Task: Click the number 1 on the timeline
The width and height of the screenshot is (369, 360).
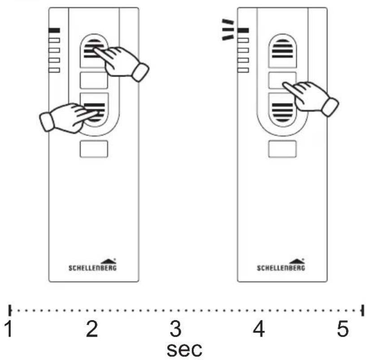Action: pyautogui.click(x=9, y=329)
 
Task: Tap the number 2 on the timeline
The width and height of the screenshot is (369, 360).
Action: pyautogui.click(x=92, y=329)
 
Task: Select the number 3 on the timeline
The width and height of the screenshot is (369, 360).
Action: pyautogui.click(x=176, y=329)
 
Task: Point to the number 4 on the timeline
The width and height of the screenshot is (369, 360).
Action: pyautogui.click(x=259, y=329)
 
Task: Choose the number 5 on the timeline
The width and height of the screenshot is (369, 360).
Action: pyautogui.click(x=343, y=329)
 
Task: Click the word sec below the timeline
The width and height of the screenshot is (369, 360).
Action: pyautogui.click(x=185, y=350)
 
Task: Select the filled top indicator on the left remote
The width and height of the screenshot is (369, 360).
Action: pyautogui.click(x=54, y=30)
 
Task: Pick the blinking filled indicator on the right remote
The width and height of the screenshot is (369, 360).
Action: pyautogui.click(x=243, y=30)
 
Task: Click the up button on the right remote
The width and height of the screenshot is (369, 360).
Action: pyautogui.click(x=282, y=51)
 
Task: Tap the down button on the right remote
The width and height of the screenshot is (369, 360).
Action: pyautogui.click(x=282, y=110)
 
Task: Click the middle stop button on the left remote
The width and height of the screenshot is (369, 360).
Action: pyautogui.click(x=94, y=80)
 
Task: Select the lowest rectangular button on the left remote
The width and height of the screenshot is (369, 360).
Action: pyautogui.click(x=94, y=149)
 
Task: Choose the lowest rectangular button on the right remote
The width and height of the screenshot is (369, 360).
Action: pyautogui.click(x=282, y=149)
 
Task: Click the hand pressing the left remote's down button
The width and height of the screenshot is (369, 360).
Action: pyautogui.click(x=68, y=117)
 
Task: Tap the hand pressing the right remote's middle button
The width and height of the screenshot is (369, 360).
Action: pyautogui.click(x=311, y=98)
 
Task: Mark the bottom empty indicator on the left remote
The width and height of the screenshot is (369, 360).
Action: pyautogui.click(x=54, y=70)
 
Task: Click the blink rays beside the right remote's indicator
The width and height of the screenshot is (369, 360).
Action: pyautogui.click(x=228, y=30)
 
